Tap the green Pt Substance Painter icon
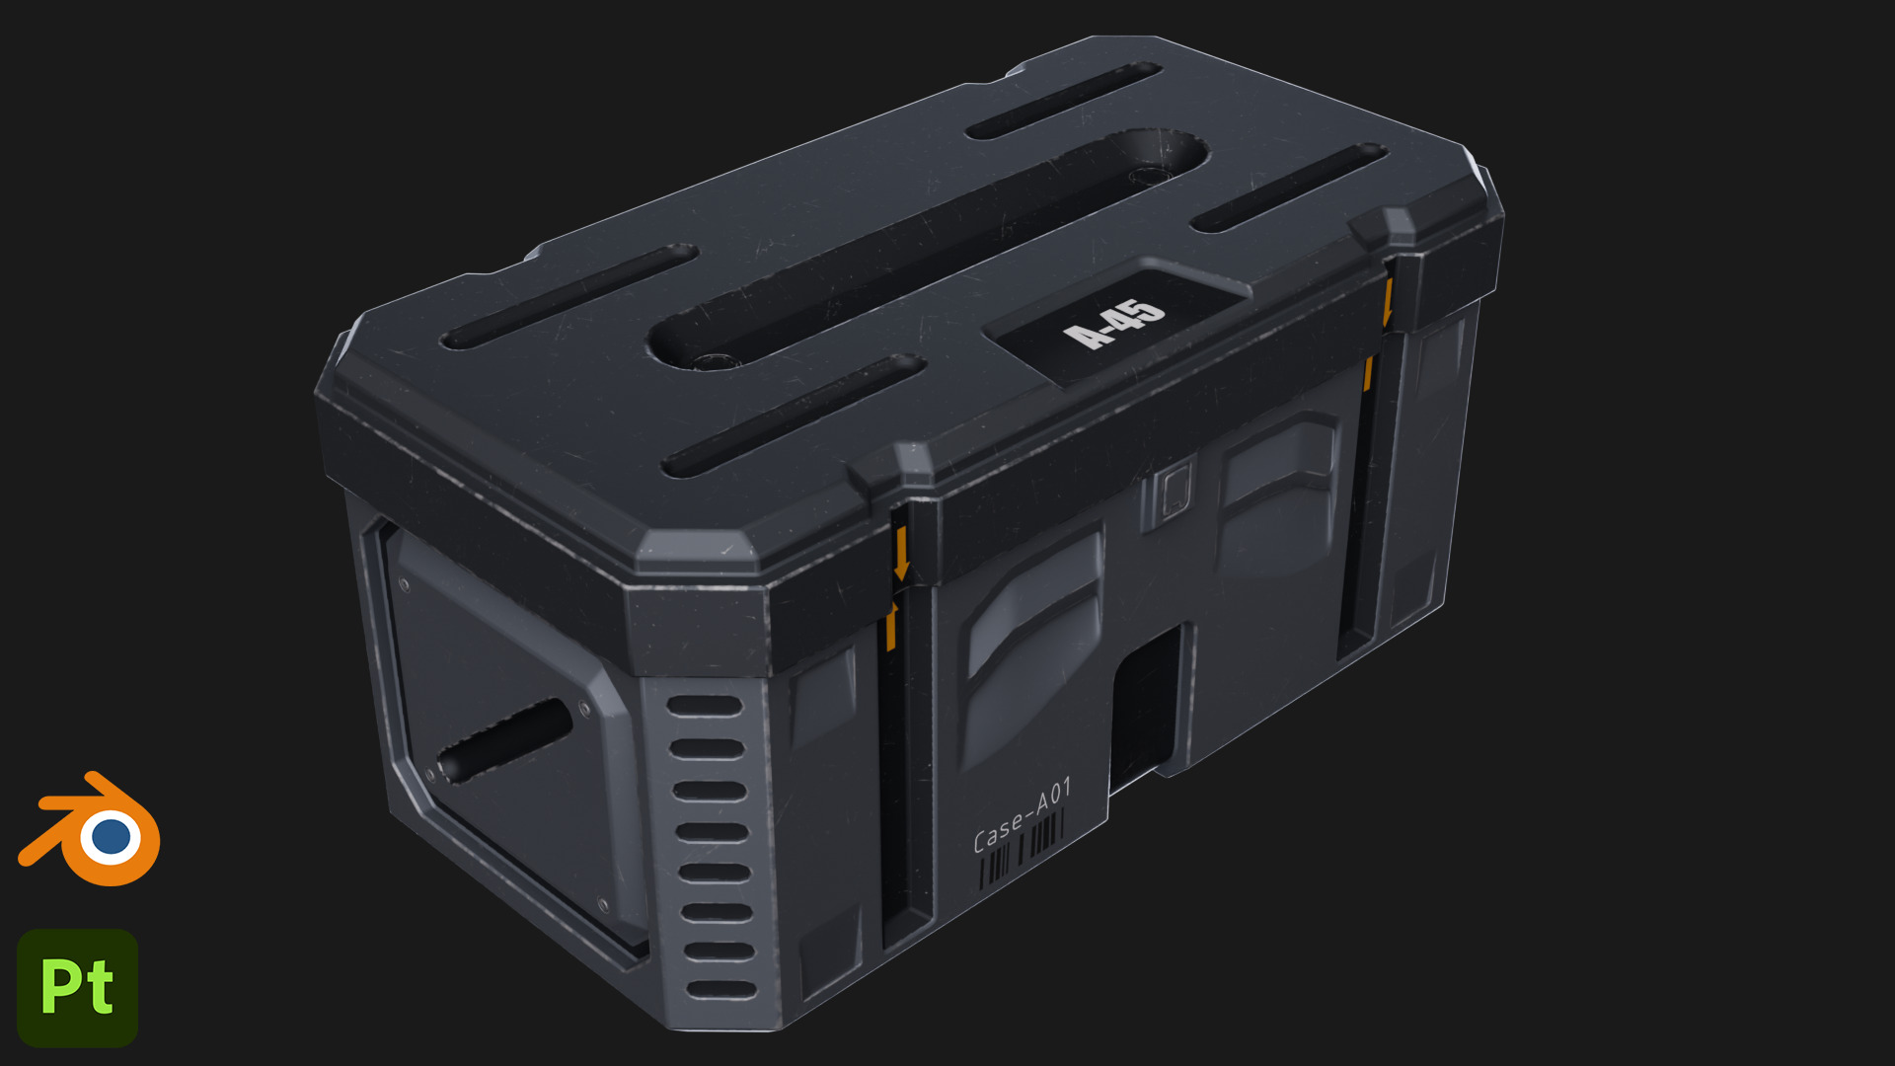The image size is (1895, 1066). (x=77, y=987)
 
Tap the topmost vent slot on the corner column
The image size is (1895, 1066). (x=705, y=707)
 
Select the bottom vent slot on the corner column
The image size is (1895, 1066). (x=720, y=989)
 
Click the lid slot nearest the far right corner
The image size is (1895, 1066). (x=1288, y=188)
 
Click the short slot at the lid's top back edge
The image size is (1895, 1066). (x=1063, y=101)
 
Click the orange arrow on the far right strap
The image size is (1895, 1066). (x=1387, y=301)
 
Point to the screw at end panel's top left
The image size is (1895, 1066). (x=404, y=585)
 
